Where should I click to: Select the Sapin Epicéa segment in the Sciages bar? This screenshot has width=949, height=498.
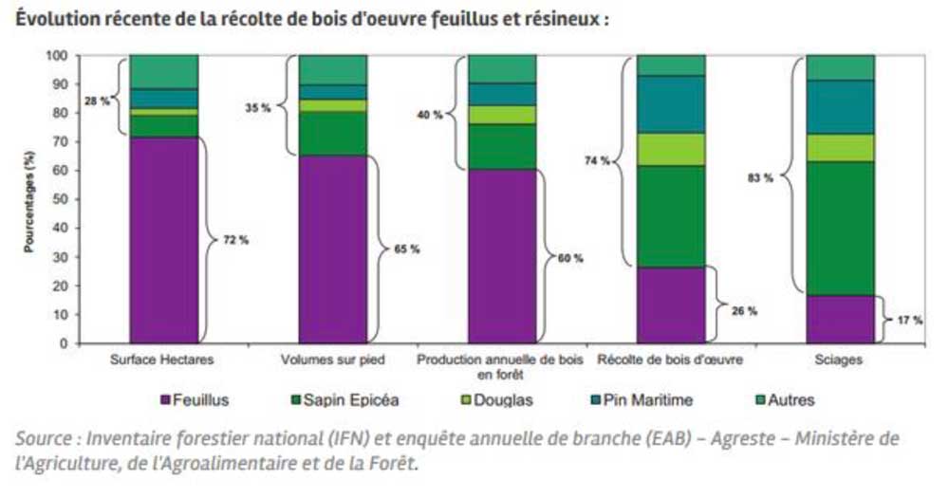pos(840,228)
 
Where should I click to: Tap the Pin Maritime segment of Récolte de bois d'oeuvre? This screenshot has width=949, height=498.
pos(671,103)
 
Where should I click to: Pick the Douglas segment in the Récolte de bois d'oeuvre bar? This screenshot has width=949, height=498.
pos(671,149)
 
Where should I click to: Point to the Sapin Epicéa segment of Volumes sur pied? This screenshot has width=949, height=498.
pos(333,134)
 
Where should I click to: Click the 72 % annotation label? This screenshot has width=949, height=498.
pos(236,240)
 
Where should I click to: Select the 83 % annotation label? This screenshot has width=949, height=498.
pos(761,176)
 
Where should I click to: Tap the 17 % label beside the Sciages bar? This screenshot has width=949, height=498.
pos(909,321)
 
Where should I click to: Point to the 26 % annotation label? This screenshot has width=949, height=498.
pos(742,308)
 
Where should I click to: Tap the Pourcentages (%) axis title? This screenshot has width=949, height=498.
pos(28,199)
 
